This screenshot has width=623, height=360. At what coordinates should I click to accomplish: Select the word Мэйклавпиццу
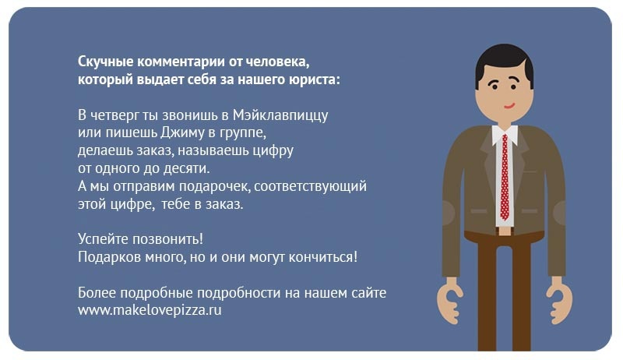(280, 115)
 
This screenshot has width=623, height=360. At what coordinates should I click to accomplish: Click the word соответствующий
(310, 186)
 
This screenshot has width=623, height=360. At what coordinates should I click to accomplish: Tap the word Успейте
(103, 239)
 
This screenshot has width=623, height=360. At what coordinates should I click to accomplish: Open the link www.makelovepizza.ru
(150, 310)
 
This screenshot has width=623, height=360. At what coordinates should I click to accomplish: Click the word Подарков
(109, 257)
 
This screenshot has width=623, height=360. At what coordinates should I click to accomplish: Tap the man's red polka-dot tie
(505, 177)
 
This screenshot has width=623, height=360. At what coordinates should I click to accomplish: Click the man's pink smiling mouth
(509, 106)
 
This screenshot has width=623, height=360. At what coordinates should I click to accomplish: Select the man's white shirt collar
(505, 135)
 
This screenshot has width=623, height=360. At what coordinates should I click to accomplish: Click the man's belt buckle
(505, 231)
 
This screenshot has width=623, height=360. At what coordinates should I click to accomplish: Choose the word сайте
(368, 292)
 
